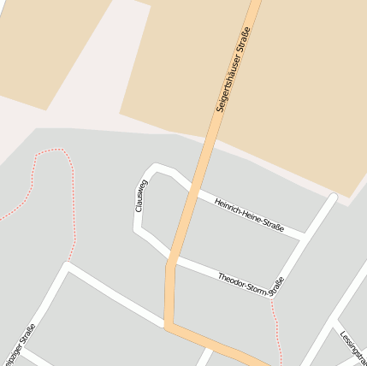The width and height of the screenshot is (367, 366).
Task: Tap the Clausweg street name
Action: click(x=141, y=196)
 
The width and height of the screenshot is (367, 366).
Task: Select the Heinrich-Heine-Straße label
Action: click(x=249, y=214)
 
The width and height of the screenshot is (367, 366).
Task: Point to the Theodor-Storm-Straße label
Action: click(x=250, y=286)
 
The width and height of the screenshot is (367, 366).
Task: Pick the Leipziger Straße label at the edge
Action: click(x=19, y=347)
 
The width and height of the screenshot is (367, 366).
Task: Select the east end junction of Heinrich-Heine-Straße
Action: click(x=304, y=234)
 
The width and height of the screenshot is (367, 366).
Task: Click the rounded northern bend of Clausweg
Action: click(x=158, y=168)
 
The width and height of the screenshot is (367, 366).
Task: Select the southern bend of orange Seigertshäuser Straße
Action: click(x=168, y=325)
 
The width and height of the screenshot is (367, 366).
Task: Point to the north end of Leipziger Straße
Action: click(x=68, y=267)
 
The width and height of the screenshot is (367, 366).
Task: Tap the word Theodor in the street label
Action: click(x=231, y=280)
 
